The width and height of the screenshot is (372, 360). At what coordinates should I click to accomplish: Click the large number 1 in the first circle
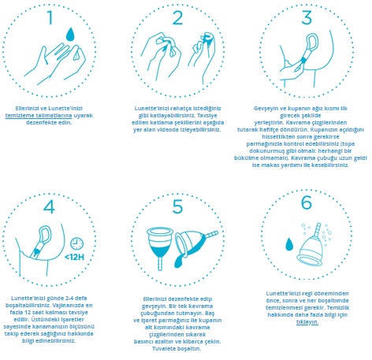[50, 17]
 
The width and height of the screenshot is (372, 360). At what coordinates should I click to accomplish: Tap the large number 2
[177, 18]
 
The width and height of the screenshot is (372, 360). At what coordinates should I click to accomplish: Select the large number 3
[307, 17]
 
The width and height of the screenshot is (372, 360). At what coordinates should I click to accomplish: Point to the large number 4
[49, 206]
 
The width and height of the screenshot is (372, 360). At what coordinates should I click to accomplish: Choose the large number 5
[177, 206]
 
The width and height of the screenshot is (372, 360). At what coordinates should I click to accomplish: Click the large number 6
[307, 202]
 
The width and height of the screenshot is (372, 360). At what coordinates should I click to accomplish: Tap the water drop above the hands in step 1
[70, 34]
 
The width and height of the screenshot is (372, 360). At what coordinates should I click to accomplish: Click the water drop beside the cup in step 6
[289, 244]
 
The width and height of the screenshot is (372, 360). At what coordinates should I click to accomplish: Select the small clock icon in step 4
[76, 243]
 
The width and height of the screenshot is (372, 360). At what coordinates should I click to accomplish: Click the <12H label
[74, 257]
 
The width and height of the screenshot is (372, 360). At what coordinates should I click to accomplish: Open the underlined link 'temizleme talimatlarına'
[39, 116]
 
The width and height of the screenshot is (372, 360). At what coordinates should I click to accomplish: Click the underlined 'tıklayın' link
[307, 322]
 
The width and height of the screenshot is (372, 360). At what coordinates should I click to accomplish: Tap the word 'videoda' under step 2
[168, 130]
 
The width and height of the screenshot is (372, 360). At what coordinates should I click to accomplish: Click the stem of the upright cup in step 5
[160, 264]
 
